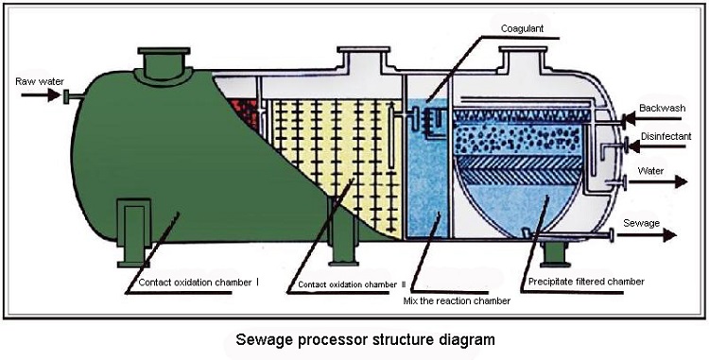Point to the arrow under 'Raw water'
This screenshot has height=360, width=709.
[38, 94]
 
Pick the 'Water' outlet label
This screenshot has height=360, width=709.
[651, 171]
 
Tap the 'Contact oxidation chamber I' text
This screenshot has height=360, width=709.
[199, 282]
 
